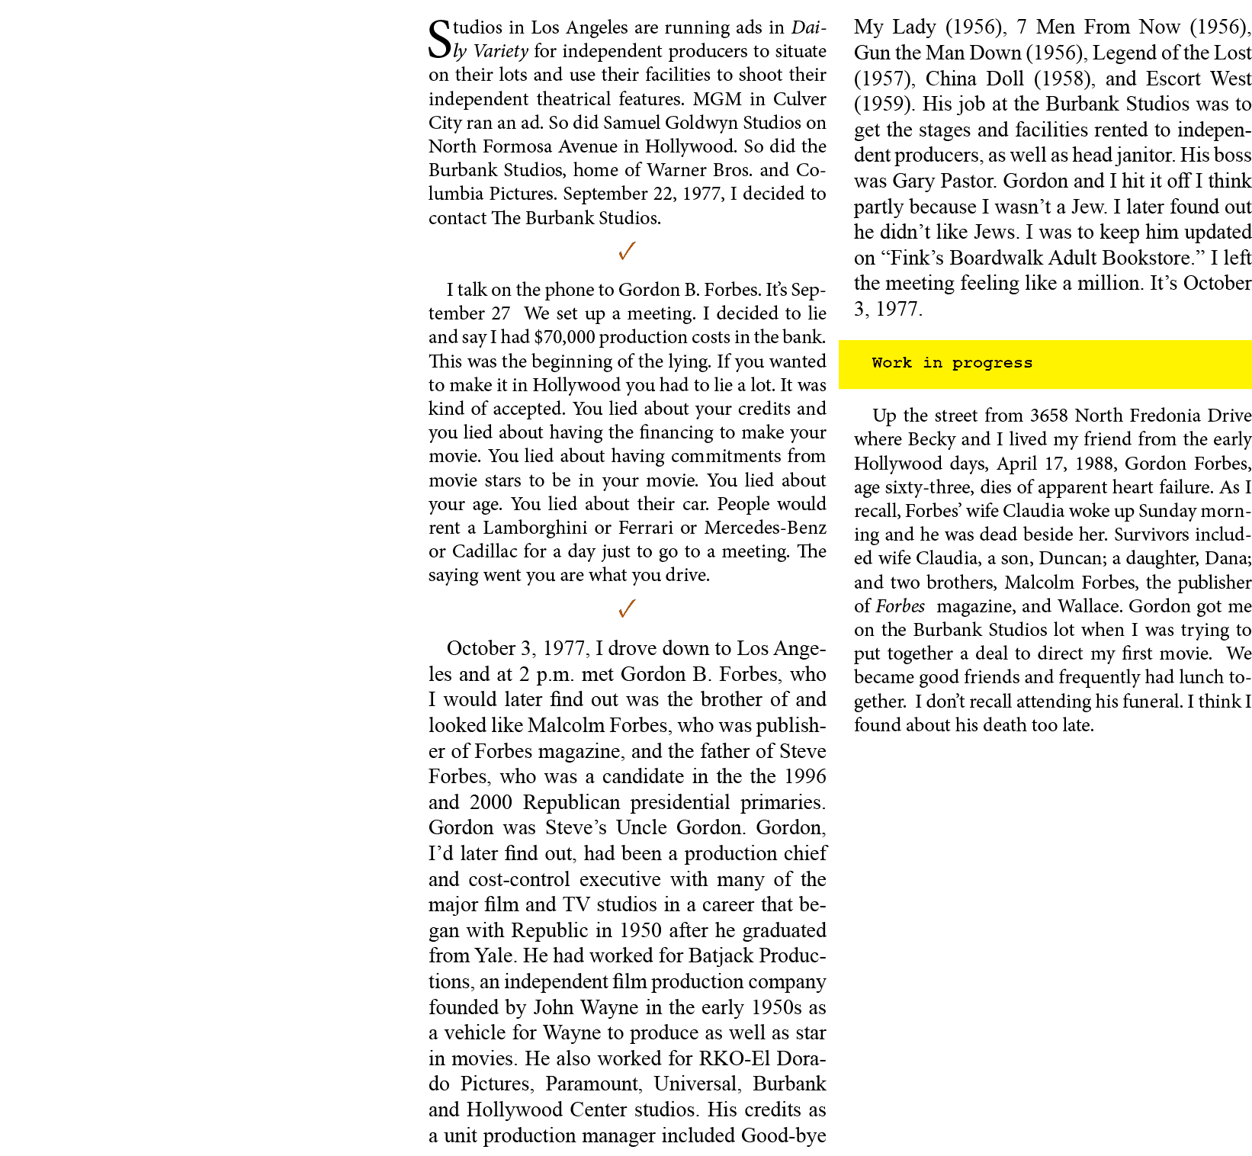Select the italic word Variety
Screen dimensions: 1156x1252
point(501,52)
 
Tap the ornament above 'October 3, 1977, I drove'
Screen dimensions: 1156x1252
point(627,609)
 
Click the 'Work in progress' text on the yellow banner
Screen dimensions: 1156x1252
point(952,363)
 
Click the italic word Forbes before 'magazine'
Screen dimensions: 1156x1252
point(900,606)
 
